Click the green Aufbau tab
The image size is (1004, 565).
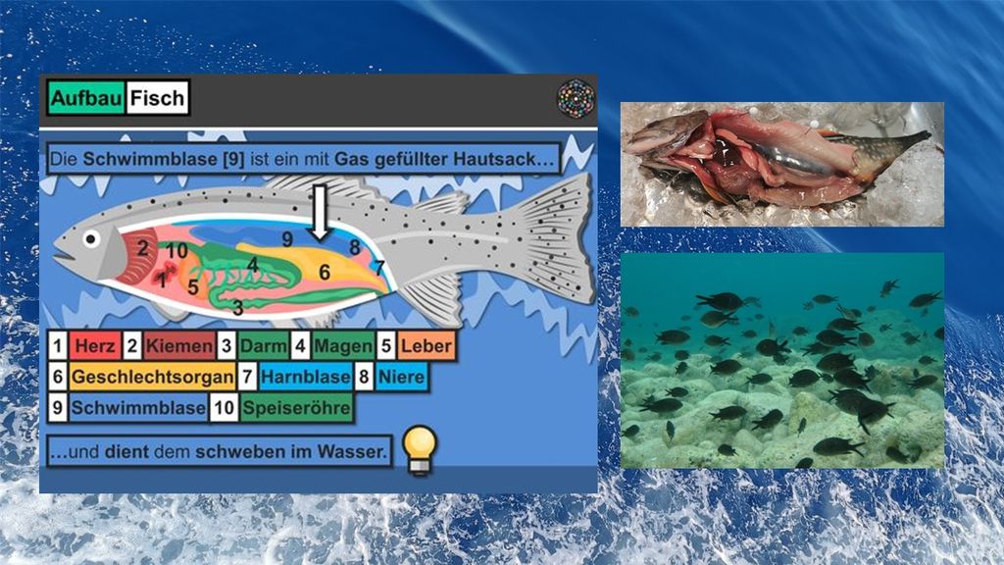click(x=86, y=98)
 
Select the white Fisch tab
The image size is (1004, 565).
click(x=157, y=98)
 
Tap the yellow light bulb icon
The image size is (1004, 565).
click(x=420, y=450)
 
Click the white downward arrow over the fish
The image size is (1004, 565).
click(x=320, y=213)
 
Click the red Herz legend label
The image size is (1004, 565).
click(x=95, y=346)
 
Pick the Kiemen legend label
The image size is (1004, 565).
click(x=178, y=346)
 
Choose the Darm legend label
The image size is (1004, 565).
click(x=263, y=346)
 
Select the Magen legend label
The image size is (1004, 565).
click(x=343, y=346)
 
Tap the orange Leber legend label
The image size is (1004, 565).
click(x=426, y=346)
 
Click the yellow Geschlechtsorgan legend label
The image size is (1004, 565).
click(x=152, y=377)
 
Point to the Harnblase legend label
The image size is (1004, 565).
click(x=306, y=377)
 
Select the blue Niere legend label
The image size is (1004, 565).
click(x=401, y=377)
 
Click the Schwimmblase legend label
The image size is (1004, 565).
click(x=138, y=407)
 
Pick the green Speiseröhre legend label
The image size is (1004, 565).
click(x=296, y=407)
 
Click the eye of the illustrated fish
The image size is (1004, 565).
click(x=91, y=239)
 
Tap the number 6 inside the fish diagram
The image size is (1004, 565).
click(x=325, y=273)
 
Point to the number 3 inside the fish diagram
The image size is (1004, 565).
click(x=237, y=308)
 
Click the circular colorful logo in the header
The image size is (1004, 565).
click(x=576, y=99)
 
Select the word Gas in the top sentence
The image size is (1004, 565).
click(x=351, y=159)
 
